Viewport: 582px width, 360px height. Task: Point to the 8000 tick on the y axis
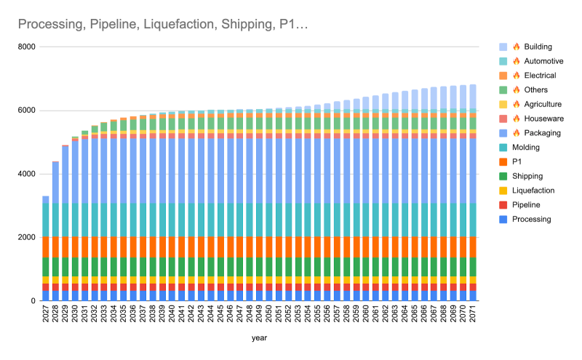[x=26, y=47]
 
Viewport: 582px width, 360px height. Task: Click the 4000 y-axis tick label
[x=26, y=174]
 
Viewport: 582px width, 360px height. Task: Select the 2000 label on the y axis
[x=26, y=238]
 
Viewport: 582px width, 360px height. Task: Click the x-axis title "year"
[x=259, y=337]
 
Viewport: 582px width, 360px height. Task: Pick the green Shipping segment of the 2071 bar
[x=473, y=266]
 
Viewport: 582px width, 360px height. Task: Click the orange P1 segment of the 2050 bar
[x=269, y=247]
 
